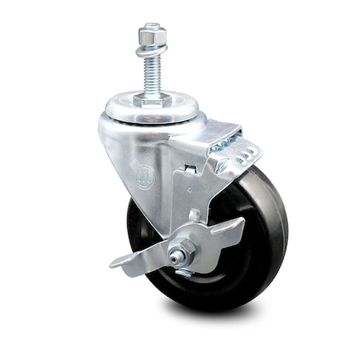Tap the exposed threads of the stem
coord(151,76)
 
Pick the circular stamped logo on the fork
coord(145,175)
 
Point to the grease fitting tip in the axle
coord(172,256)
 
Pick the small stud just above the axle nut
coord(194,216)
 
